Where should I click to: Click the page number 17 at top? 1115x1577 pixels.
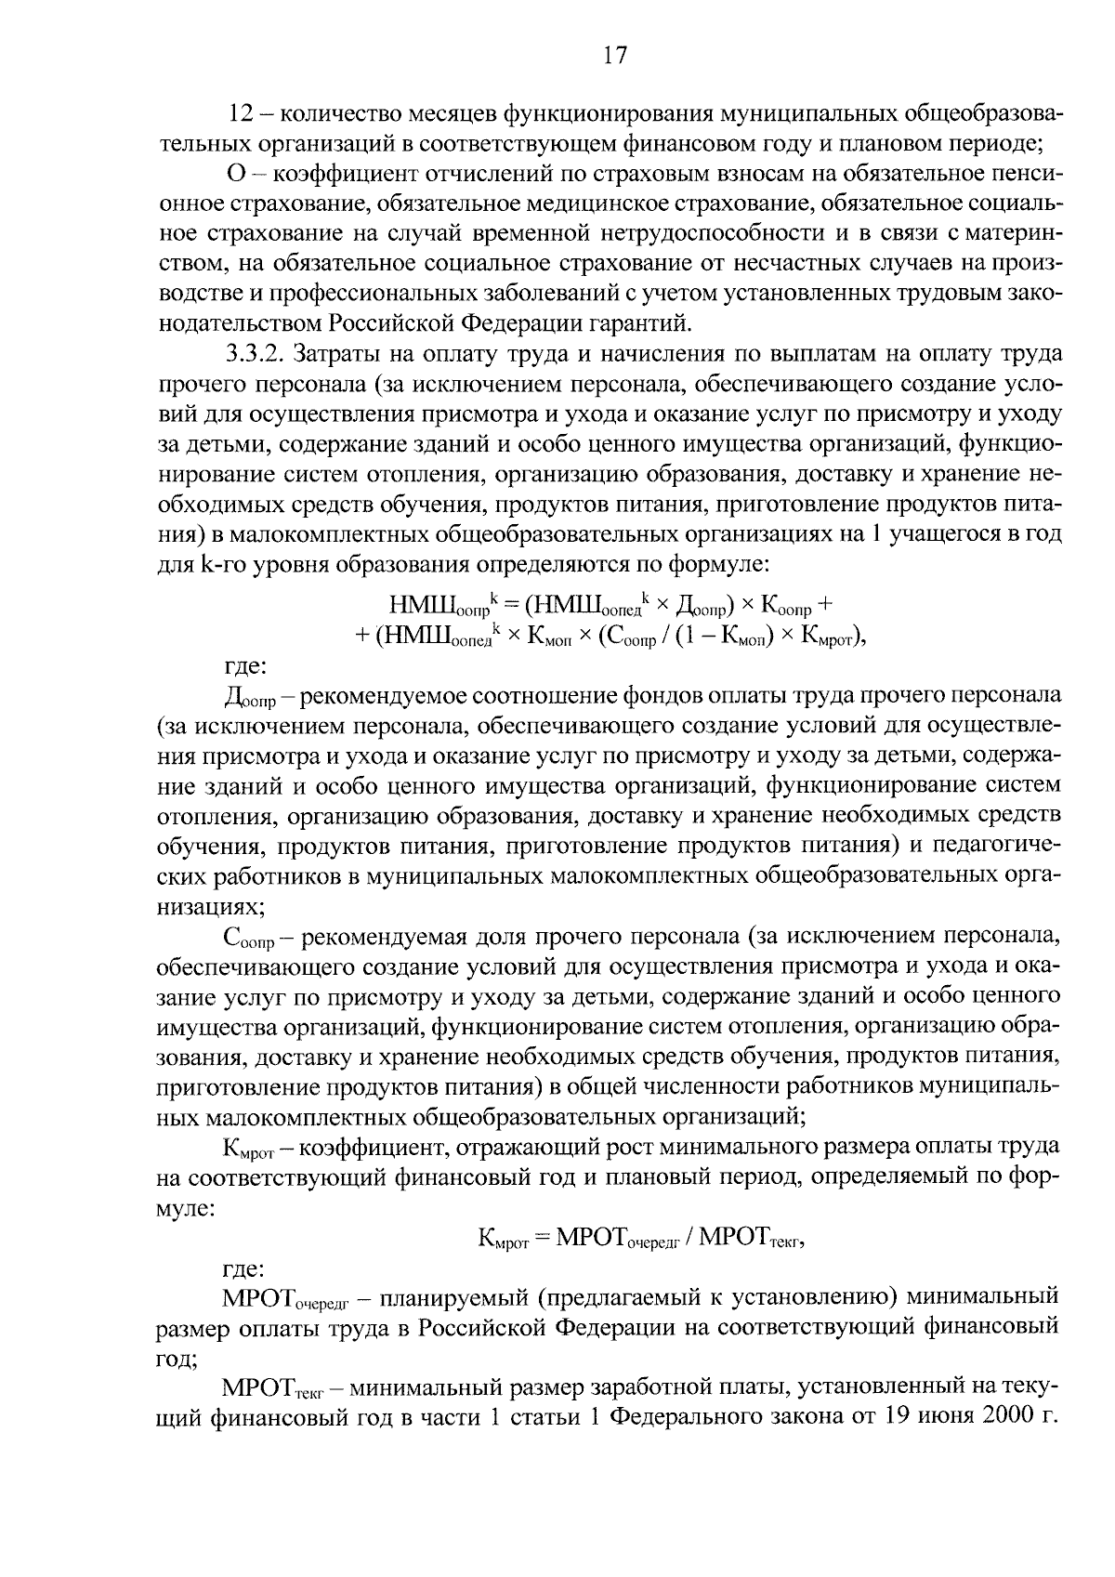[616, 56]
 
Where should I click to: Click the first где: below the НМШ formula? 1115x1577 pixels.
[245, 666]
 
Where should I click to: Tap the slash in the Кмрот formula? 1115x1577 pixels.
[688, 1238]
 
